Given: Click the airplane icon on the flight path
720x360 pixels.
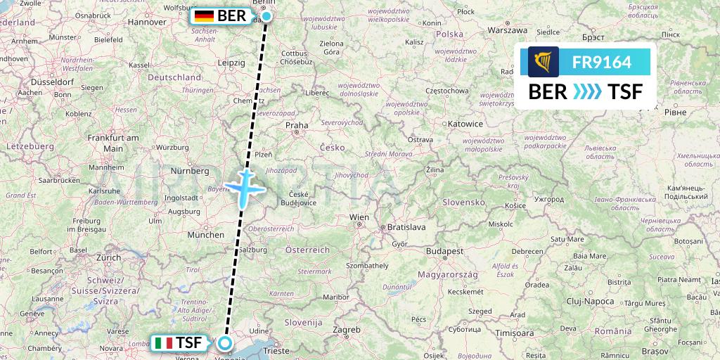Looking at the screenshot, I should coord(244,188).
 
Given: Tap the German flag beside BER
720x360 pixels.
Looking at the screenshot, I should coord(205,15).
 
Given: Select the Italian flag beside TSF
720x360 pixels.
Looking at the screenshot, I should coord(163,343).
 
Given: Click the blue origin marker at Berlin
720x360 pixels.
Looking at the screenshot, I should coord(266,16).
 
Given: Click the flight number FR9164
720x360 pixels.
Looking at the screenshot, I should coord(601,62).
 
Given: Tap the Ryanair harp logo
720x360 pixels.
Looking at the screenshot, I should coord(544,62).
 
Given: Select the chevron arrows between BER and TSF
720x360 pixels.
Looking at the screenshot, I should coord(586,91).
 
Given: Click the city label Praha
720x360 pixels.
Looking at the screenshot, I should coord(297,126).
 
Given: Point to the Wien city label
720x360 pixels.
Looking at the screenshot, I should coord(359,217).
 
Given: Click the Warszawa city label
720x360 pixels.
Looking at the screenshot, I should coord(508,31).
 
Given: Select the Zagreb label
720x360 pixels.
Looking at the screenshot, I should coord(347,329).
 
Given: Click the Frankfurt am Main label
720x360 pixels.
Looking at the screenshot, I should coord(113,143).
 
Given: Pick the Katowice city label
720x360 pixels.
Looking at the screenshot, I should coord(465,124).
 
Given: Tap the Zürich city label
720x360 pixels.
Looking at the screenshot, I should coord(108,257).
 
